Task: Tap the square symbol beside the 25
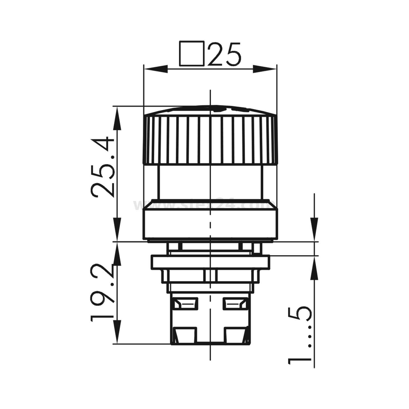192,54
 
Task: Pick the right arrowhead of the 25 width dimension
264,69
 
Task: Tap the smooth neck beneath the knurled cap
210,183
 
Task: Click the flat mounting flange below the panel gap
210,262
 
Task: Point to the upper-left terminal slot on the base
185,304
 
